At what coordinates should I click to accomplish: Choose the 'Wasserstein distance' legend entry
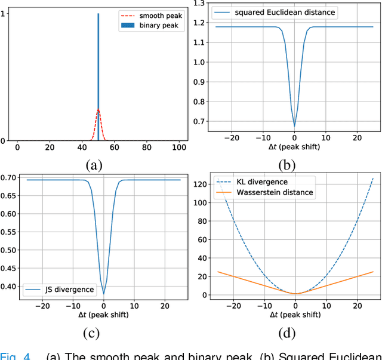click(x=275, y=192)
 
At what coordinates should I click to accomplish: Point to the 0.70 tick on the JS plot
click(x=10, y=177)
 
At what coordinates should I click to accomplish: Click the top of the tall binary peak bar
click(x=98, y=14)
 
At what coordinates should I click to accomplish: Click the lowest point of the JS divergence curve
click(x=103, y=294)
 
